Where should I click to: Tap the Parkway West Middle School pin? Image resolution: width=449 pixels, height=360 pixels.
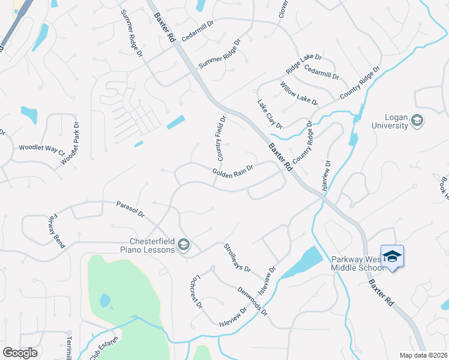click(392, 257)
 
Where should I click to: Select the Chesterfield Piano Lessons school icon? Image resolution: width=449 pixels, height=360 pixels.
click(184, 244)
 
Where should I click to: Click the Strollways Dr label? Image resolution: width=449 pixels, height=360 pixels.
click(237, 258)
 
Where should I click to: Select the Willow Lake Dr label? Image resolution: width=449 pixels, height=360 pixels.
click(298, 94)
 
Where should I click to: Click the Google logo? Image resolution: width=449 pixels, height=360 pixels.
click(20, 353)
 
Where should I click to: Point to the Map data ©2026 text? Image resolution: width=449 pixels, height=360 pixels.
click(423, 355)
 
